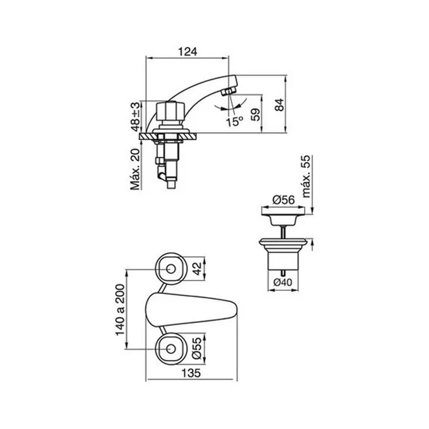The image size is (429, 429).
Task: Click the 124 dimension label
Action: coord(187,52)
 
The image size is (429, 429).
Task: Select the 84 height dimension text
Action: coord(279,105)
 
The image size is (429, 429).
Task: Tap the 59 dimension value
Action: coord(255,115)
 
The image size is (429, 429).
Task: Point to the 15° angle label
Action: coord(234,121)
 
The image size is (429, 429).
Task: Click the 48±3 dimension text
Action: coord(135,117)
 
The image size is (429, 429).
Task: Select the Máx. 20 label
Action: coord(135,169)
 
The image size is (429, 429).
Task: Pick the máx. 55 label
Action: coord(306,176)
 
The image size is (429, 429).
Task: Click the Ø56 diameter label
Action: coord(284,200)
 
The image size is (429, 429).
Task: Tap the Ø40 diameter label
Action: coord(283,282)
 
